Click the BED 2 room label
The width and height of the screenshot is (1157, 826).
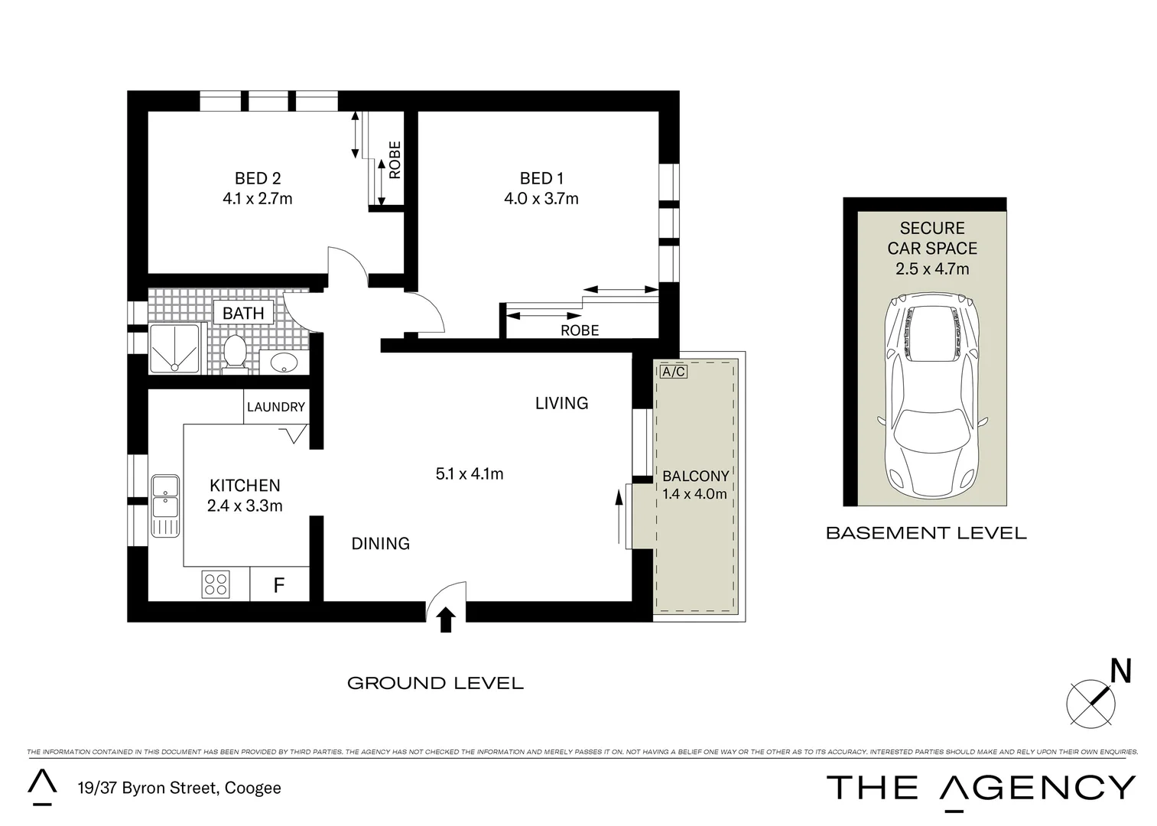point(258,178)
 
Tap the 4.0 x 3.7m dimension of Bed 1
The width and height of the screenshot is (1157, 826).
point(541,199)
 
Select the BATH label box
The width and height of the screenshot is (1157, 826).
point(243,313)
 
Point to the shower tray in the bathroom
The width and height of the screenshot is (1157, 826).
point(175,350)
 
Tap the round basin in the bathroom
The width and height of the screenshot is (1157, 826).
point(284,363)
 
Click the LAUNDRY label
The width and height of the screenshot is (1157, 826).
point(276,407)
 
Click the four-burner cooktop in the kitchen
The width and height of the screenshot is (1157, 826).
point(216,584)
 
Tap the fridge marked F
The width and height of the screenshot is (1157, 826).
point(279,585)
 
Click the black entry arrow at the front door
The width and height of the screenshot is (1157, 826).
point(447,620)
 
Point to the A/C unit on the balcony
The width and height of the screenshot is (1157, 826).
point(673,372)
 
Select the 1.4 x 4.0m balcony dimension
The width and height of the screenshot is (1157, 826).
point(694,494)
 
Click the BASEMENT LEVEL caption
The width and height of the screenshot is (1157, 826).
point(926,533)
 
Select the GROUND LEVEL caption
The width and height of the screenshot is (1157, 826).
point(435,683)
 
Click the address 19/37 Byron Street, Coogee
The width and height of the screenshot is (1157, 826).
point(179,788)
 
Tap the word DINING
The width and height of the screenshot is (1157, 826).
point(380,543)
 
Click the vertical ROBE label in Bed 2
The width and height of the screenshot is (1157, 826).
point(395,160)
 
